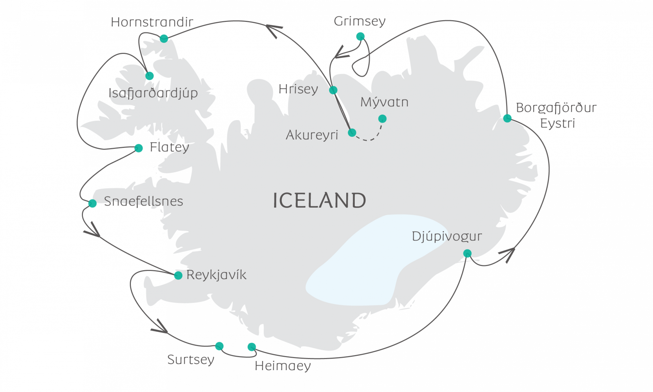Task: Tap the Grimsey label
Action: tap(359, 22)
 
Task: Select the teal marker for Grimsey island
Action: tap(360, 36)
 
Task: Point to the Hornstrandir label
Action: tap(152, 22)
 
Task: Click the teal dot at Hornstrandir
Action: tap(164, 38)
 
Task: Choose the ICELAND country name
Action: tap(319, 200)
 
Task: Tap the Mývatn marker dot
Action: tap(382, 119)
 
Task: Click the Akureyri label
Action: tap(312, 135)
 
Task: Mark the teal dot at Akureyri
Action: tap(352, 133)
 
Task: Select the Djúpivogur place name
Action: tap(447, 236)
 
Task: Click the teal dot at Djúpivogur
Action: tap(467, 253)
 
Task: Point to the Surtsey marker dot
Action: tap(219, 346)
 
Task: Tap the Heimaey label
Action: tap(283, 366)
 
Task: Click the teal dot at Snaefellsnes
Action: tap(92, 203)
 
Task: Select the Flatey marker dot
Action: tap(139, 148)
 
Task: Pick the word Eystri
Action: tap(557, 123)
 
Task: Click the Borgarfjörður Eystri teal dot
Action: tap(507, 118)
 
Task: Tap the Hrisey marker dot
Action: tap(333, 90)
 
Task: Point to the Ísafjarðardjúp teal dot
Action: tap(149, 76)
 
